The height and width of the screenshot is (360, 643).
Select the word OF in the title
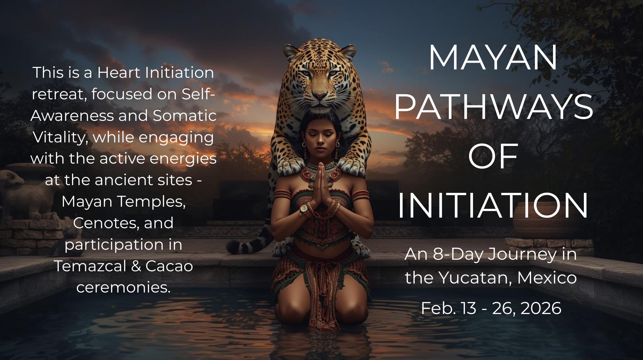coord(493,157)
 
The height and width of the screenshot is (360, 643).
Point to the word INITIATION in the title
coord(493,206)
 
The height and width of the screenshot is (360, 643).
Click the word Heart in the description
coord(119,73)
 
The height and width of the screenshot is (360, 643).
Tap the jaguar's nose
coord(319,96)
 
